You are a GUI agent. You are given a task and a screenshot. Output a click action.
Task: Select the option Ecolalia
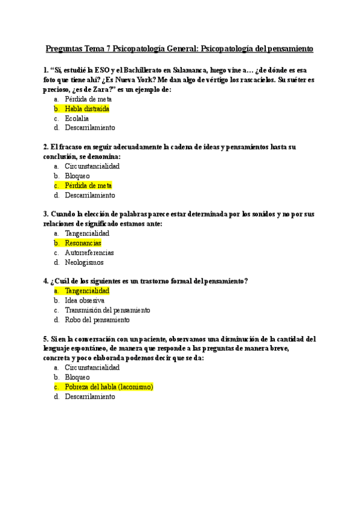tap(77, 118)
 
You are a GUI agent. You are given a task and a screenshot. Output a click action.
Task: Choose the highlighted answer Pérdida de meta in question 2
tap(88, 185)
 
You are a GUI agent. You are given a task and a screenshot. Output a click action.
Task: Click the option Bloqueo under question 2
tap(77, 176)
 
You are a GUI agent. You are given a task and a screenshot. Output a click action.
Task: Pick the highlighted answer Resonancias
tap(83, 243)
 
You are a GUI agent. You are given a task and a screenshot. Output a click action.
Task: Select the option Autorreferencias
tap(89, 253)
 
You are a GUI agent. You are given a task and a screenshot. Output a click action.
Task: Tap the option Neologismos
tap(84, 262)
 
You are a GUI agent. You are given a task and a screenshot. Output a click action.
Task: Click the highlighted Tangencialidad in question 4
tap(87, 291)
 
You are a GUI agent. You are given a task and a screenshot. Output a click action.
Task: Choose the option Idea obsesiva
tap(85, 301)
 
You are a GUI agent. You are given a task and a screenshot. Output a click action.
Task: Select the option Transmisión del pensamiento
tap(107, 310)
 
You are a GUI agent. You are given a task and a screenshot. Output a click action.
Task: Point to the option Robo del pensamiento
tap(97, 320)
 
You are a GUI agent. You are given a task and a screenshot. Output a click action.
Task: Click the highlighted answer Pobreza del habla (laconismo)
tap(109, 387)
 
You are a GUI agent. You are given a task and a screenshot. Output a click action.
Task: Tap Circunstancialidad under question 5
tap(92, 368)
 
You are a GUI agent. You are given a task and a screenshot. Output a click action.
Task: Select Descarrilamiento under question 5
tap(89, 397)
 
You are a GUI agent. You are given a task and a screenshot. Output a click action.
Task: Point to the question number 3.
tap(46, 214)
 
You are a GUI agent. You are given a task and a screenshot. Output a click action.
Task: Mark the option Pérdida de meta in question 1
tap(88, 99)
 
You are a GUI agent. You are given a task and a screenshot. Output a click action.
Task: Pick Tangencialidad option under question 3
tap(87, 233)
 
